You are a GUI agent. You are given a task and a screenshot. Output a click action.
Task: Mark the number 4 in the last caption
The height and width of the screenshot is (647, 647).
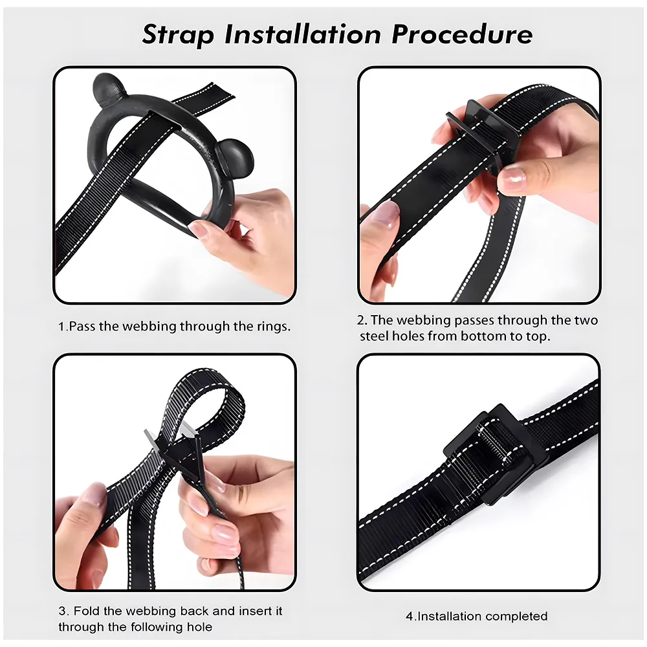pyautogui.click(x=410, y=617)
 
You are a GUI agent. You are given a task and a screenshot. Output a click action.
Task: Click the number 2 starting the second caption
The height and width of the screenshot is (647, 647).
pyautogui.click(x=362, y=320)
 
